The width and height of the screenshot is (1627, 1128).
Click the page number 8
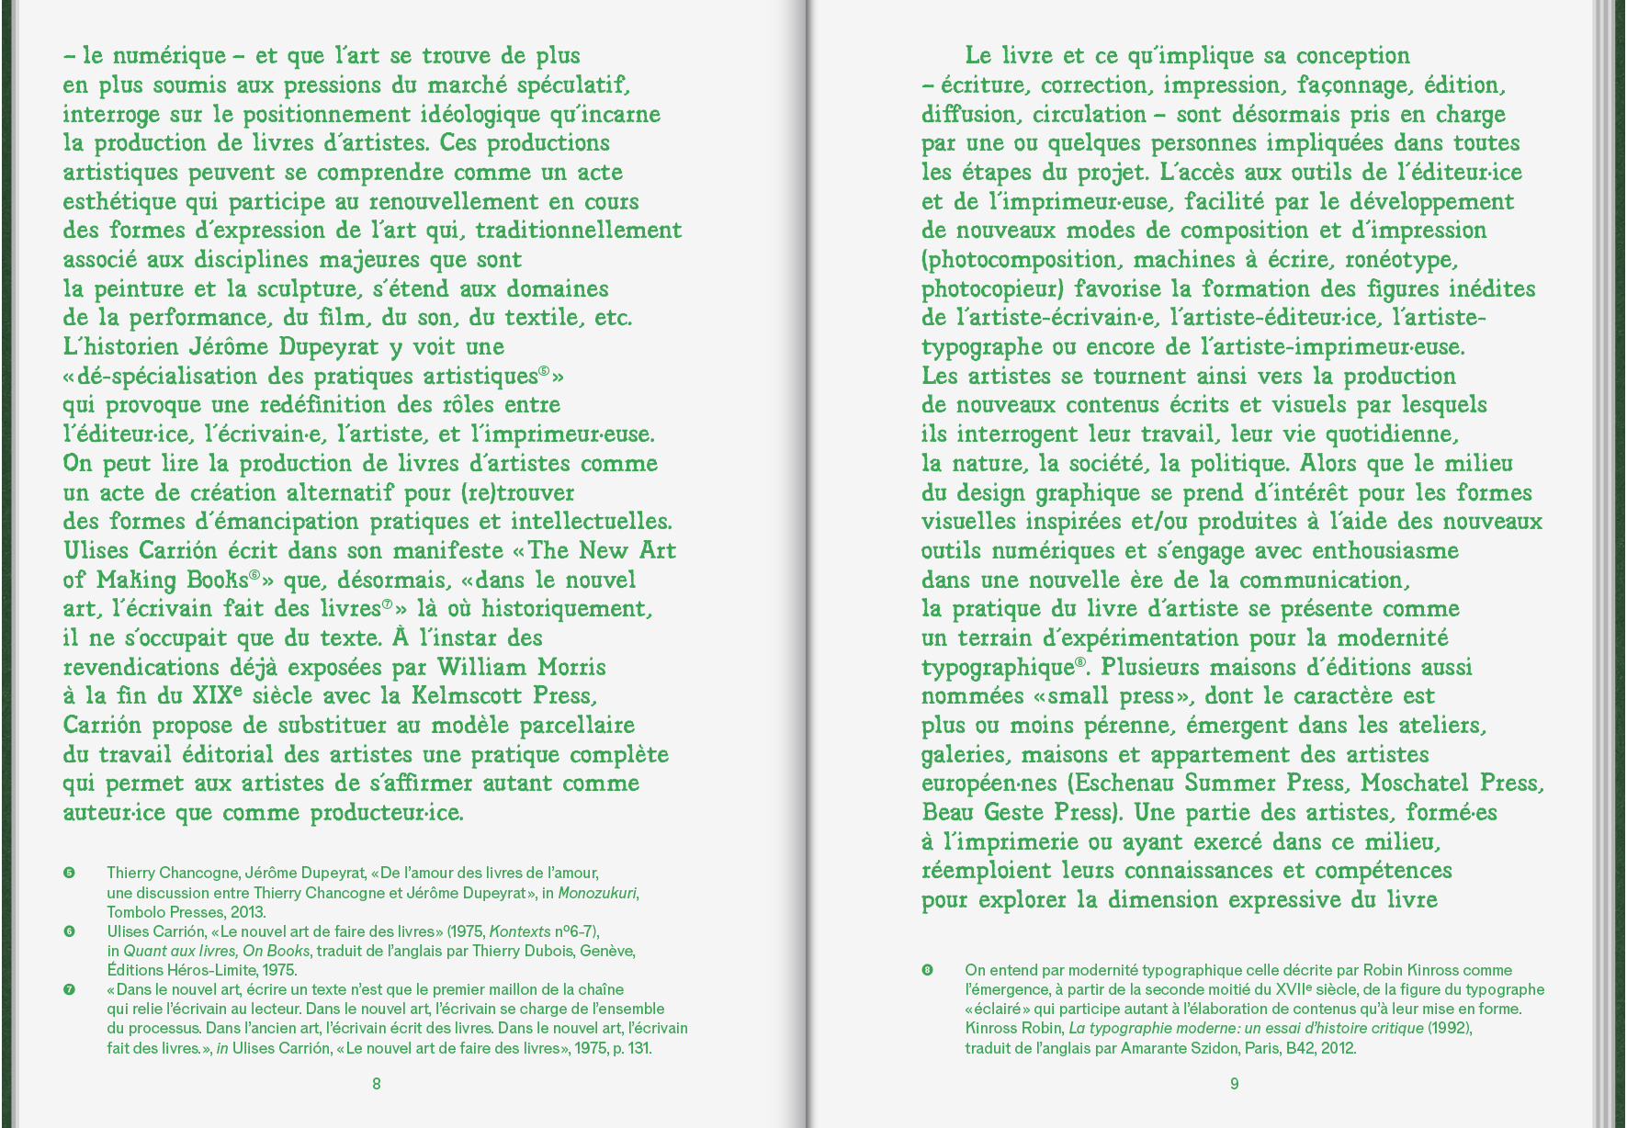coord(377,1084)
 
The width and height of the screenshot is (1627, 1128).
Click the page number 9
coord(1234,1084)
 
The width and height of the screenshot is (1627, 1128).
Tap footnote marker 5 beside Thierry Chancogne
coord(69,873)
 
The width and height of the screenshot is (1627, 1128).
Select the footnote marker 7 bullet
coord(69,990)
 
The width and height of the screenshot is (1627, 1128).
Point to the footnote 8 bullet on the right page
coord(927,970)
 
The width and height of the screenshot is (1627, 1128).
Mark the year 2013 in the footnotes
coord(248,912)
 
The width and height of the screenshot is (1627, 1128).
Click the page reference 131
coord(638,1048)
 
